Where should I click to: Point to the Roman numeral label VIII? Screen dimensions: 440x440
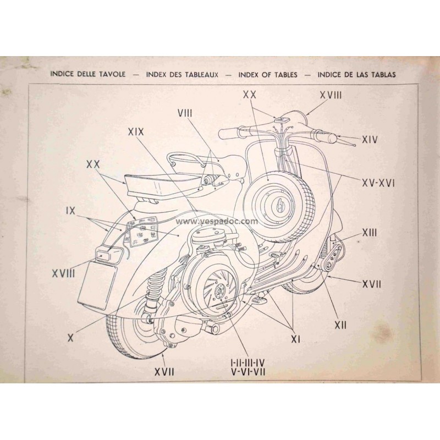185,113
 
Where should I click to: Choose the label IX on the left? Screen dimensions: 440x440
70,210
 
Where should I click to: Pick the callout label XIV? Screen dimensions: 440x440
370,140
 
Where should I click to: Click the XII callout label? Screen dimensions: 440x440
341,325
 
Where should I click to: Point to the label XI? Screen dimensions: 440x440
295,339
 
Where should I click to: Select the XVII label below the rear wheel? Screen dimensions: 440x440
164,372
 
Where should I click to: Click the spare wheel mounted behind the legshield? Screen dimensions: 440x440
273,199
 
